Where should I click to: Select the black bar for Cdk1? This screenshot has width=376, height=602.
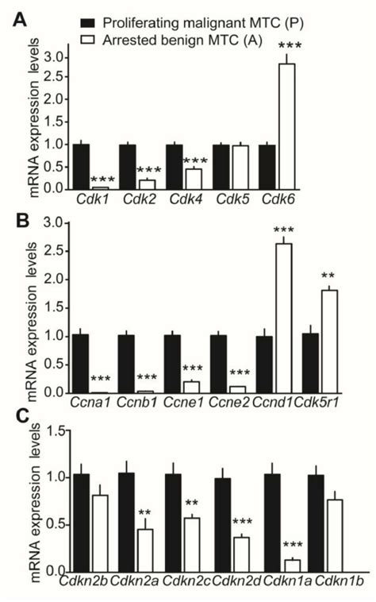80,166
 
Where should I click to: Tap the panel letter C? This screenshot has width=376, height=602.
13,416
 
